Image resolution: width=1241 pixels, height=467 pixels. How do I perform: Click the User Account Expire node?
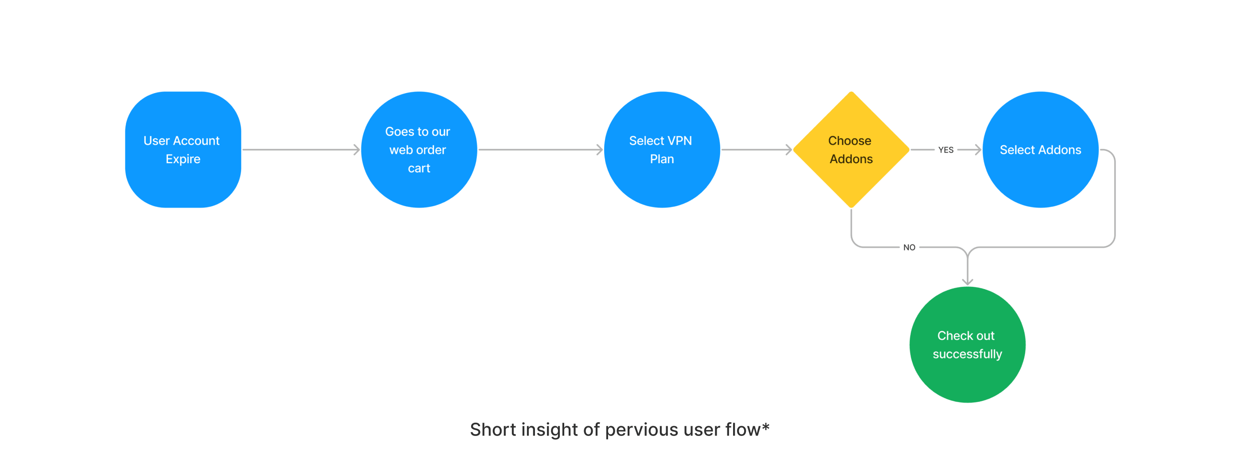pos(183,150)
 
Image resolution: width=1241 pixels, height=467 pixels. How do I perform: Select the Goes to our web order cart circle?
pos(419,150)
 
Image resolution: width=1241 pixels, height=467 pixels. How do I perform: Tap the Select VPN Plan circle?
pos(662,150)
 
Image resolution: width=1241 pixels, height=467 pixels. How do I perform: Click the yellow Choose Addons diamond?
pos(851,150)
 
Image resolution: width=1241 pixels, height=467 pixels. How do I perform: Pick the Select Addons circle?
pos(1041,150)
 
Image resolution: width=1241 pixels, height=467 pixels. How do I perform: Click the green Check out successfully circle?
pos(968,345)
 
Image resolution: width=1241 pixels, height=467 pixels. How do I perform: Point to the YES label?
pos(946,150)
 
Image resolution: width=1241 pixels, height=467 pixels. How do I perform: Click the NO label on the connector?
pos(909,247)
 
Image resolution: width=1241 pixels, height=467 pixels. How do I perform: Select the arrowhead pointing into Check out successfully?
pos(968,282)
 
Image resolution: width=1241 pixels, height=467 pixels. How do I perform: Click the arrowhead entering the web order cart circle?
pos(356,150)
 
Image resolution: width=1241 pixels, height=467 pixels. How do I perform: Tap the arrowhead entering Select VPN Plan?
pos(599,150)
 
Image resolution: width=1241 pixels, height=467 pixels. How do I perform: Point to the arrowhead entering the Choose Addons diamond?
pos(788,150)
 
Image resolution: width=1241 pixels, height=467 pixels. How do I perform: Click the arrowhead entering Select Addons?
pos(978,150)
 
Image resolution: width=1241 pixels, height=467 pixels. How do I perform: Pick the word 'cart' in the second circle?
pos(419,169)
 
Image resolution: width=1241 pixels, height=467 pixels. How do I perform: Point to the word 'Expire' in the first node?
pos(183,159)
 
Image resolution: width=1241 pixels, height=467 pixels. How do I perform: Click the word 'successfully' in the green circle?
pos(968,354)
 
